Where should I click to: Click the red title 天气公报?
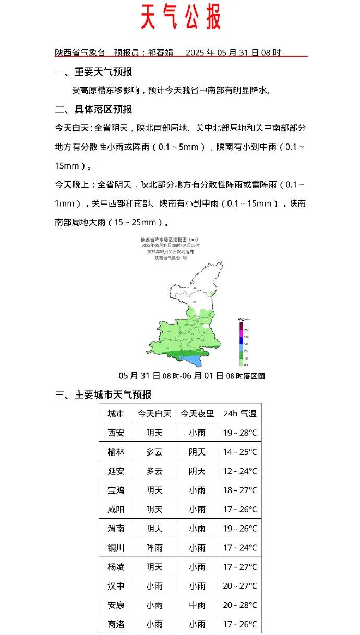181,17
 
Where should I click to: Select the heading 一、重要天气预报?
94,72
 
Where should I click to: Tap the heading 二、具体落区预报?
94,110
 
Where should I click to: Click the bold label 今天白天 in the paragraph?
73,128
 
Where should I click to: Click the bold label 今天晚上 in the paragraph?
73,185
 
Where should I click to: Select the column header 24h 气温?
240,414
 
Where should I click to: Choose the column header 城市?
116,414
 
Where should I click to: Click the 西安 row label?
116,433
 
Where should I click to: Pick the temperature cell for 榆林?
240,452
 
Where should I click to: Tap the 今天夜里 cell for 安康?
197,605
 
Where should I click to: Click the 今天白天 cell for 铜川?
154,548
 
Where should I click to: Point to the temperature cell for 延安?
240,471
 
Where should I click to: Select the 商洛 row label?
116,625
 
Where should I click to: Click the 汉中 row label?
116,586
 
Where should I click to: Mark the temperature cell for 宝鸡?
240,490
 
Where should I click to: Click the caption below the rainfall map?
191,376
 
